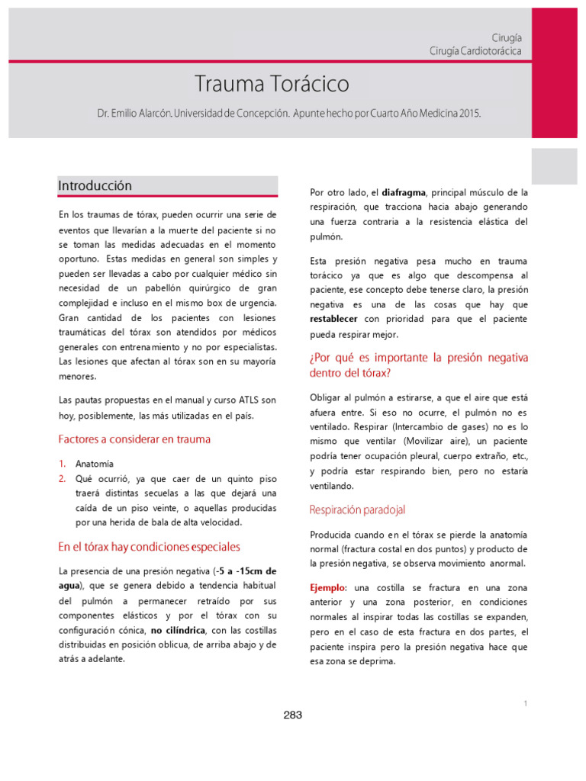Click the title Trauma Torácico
coord(271,83)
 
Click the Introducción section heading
coord(95,186)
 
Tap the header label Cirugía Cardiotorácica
coord(475,50)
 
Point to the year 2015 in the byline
coord(469,113)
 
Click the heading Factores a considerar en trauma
coord(134,439)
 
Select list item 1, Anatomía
coord(94,464)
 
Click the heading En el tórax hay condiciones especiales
coord(149,547)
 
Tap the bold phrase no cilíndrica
coord(179,631)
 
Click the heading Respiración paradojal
coord(357,509)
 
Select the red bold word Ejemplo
coord(327,588)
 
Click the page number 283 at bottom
coord(292,715)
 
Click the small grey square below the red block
coord(554,166)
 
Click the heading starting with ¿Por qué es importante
coord(418,365)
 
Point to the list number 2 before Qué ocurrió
coord(63,479)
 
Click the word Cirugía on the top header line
coord(507,37)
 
